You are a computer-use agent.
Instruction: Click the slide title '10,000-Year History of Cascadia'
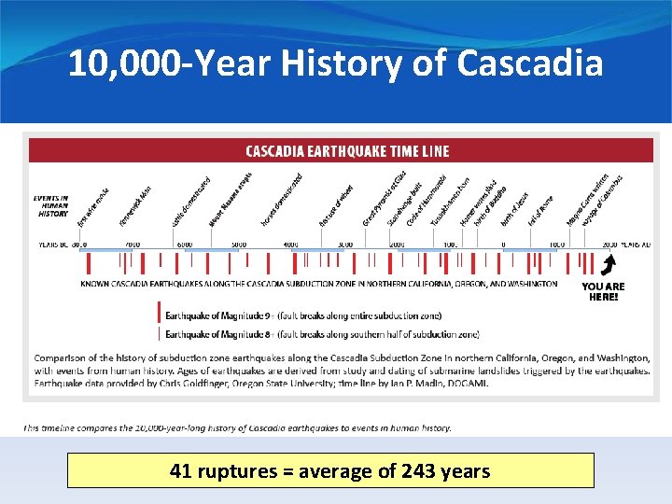pos(336,64)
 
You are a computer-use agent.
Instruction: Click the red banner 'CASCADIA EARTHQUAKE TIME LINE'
pos(346,151)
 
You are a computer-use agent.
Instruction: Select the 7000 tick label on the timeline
pos(133,245)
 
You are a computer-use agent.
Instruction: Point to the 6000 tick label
pos(185,245)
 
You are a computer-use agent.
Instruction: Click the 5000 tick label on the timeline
pos(239,245)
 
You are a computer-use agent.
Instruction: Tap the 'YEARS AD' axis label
pos(636,245)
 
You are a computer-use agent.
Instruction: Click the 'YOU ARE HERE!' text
pos(603,291)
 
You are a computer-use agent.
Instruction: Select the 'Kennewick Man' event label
pos(136,207)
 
